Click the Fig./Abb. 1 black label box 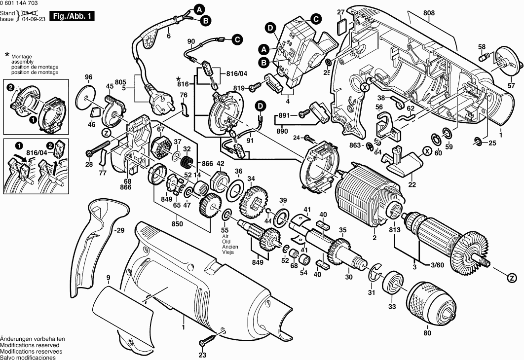click(72, 16)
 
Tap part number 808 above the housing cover click(429, 13)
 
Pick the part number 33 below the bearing click(392, 307)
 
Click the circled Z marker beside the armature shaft click(511, 278)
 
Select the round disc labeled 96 click(86, 98)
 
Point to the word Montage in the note click(21, 57)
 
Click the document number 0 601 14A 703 click(19, 3)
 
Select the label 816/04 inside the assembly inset click(37, 152)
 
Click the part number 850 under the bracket click(177, 223)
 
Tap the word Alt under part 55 click(225, 236)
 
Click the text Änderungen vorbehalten click(33, 339)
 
